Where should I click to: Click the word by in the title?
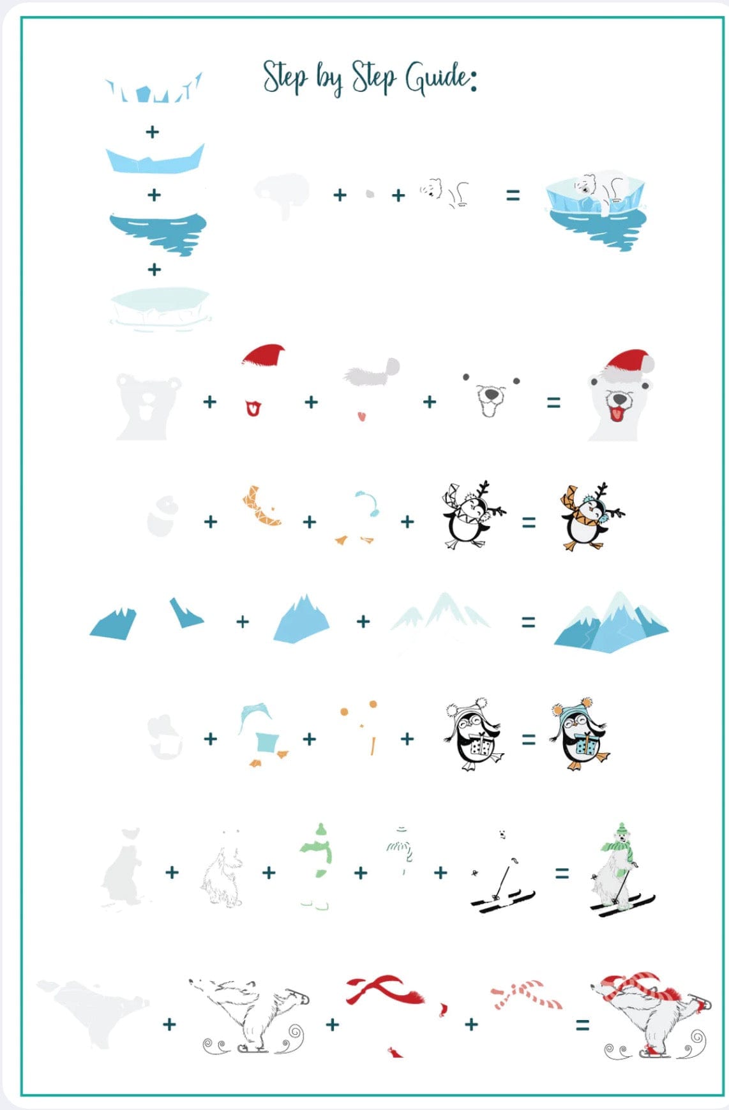330,79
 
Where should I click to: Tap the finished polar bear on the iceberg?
596,211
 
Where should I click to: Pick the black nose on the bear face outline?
491,395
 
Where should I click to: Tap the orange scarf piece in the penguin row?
260,506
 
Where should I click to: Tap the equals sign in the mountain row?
529,622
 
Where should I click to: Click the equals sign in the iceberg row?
513,195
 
